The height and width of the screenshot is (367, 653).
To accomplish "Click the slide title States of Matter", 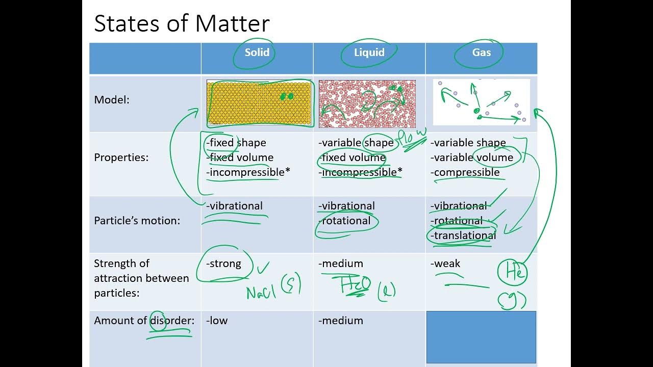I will (x=182, y=24).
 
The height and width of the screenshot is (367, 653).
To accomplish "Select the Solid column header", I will (x=257, y=53).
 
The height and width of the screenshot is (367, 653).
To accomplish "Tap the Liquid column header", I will (x=369, y=53).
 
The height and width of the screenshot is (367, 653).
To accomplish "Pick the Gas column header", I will (x=481, y=53).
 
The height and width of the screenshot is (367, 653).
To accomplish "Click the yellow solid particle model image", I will (x=259, y=102).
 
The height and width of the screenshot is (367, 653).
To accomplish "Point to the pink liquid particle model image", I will (x=367, y=103).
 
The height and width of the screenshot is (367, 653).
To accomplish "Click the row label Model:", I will (x=112, y=100).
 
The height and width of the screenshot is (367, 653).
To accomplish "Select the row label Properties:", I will (x=121, y=158).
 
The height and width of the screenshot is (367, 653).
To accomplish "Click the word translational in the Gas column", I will (x=464, y=235).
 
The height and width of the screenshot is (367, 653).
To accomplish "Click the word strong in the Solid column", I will (x=225, y=264).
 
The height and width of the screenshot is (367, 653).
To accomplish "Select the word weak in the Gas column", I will (x=446, y=264).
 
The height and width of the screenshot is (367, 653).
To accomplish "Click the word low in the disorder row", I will (x=218, y=321).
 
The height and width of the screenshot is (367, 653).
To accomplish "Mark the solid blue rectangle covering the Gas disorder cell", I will (x=481, y=337).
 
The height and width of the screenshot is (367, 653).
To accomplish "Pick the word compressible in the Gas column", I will (x=466, y=172).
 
